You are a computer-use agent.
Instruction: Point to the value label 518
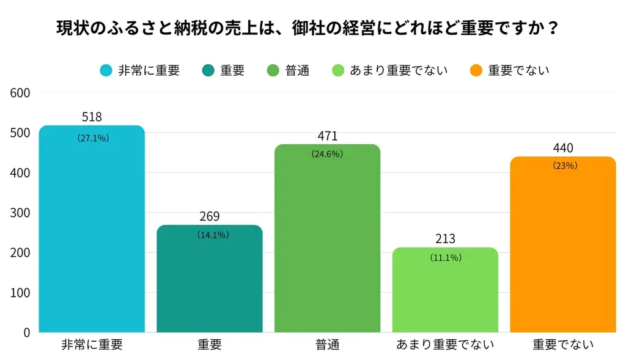pyautogui.click(x=92, y=117)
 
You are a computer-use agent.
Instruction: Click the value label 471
pyautogui.click(x=327, y=136)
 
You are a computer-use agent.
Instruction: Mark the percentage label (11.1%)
pyautogui.click(x=445, y=258)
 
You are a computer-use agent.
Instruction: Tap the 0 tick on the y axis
pyautogui.click(x=26, y=332)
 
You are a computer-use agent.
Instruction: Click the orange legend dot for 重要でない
pyautogui.click(x=477, y=70)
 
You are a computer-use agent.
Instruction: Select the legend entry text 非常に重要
pyautogui.click(x=149, y=70)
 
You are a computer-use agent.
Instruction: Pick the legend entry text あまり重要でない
pyautogui.click(x=399, y=70)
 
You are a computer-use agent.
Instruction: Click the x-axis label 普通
pyautogui.click(x=327, y=345)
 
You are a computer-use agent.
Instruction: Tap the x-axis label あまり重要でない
pyautogui.click(x=445, y=345)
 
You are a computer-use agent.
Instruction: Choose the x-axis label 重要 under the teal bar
pyautogui.click(x=209, y=345)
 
